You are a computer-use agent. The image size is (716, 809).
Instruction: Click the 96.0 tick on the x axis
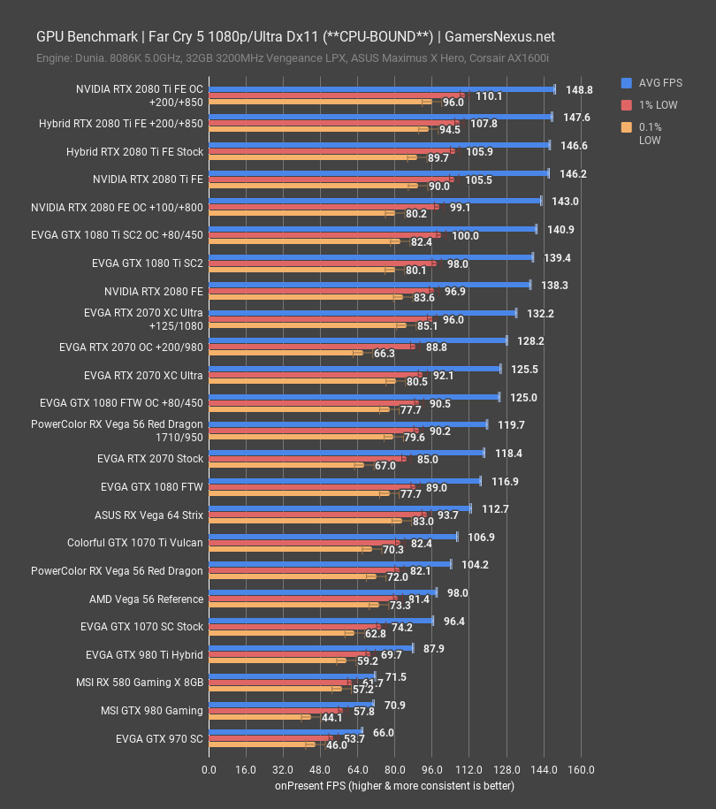coord(432,769)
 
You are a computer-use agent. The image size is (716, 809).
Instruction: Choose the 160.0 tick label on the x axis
coord(581,769)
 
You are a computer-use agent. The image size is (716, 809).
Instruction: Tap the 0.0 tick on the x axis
coord(209,769)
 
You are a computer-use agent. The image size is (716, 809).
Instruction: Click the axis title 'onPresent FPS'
coord(393,785)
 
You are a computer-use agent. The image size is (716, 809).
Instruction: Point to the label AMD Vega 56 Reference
coord(146,599)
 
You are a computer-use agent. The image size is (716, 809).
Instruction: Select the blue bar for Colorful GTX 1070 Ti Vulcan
coord(332,537)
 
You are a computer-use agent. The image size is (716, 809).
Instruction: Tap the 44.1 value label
coord(332,718)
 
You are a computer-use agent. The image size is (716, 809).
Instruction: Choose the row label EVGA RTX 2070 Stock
coord(150,459)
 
